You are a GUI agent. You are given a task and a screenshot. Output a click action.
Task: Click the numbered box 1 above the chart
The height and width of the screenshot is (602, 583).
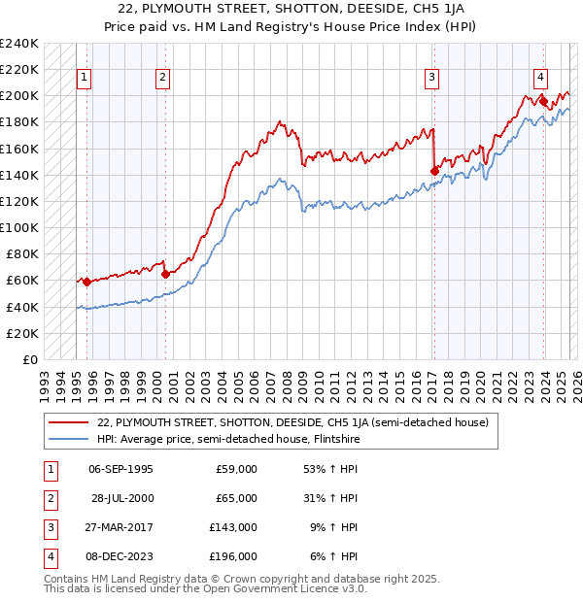[x=85, y=79]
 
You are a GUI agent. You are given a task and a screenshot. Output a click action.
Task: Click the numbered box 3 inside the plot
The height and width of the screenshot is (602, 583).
[x=431, y=79]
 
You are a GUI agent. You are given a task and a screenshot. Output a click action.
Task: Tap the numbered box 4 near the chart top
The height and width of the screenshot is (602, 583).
[x=540, y=79]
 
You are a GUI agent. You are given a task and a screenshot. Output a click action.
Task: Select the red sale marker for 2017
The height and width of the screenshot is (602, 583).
[x=434, y=171]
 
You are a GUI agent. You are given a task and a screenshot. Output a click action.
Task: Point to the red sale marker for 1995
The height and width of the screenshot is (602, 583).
[x=87, y=282]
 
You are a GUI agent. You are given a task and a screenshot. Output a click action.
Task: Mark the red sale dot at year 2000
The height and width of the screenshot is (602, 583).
[x=165, y=274]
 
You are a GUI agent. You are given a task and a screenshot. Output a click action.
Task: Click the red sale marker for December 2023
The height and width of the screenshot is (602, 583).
[x=544, y=101]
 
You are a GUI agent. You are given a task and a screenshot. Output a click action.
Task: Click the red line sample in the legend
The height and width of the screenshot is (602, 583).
[x=68, y=422]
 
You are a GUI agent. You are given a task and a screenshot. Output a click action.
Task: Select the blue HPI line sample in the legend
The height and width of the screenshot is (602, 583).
[x=68, y=438]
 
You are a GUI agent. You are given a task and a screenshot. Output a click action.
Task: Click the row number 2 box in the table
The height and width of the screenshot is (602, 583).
[x=50, y=498]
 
